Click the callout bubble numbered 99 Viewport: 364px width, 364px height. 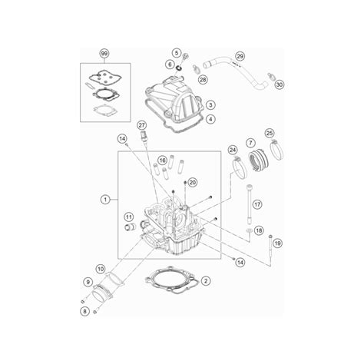click(x=104, y=54)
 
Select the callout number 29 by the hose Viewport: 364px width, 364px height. click(x=240, y=56)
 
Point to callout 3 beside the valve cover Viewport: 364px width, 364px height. click(x=210, y=104)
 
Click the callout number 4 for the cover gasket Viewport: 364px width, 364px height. click(x=210, y=119)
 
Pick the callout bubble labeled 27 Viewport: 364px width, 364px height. click(x=142, y=125)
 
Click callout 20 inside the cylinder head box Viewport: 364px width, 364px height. click(x=193, y=182)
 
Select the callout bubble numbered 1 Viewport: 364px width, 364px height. click(x=105, y=200)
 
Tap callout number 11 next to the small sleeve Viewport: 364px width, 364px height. click(x=129, y=217)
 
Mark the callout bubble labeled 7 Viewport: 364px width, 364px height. click(x=250, y=143)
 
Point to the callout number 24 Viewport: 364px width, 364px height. click(x=233, y=150)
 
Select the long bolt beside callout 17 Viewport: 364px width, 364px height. click(x=250, y=205)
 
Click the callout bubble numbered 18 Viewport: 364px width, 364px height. click(x=259, y=230)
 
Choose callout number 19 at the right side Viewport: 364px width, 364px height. click(x=277, y=243)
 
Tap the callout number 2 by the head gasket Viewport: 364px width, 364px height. click(x=206, y=281)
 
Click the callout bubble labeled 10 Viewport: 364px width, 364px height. click(x=101, y=269)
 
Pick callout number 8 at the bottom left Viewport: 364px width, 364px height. click(x=84, y=311)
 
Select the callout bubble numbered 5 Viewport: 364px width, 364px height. click(x=177, y=53)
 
